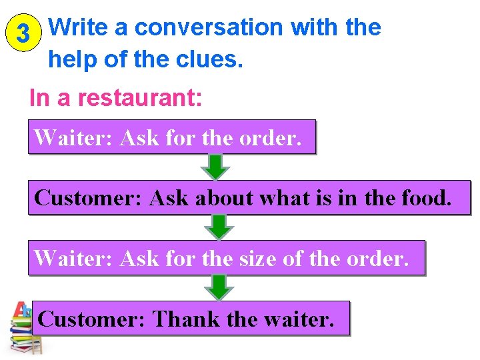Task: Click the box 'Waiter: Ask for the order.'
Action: [x=171, y=137]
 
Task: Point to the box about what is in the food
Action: [x=249, y=197]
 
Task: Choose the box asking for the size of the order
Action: [x=226, y=257]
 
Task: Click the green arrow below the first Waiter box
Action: [x=215, y=167]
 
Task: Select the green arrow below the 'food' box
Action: [x=219, y=227]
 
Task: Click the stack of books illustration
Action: [x=25, y=328]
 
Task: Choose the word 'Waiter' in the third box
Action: [x=73, y=257]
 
